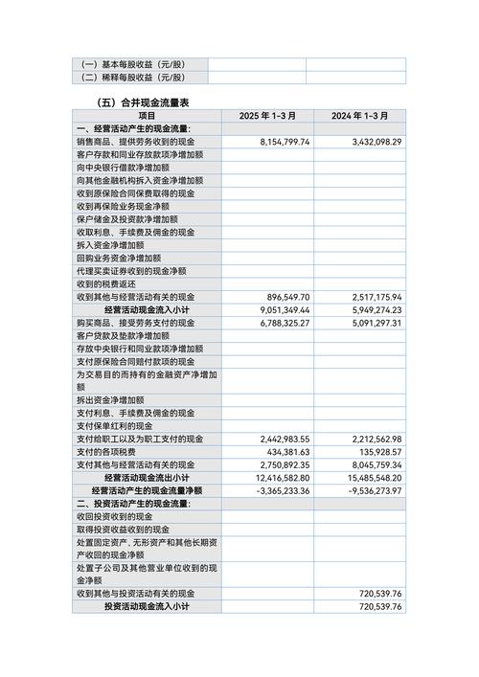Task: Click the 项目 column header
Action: click(x=147, y=116)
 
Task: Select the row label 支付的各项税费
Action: click(x=106, y=452)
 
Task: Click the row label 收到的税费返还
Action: click(x=106, y=284)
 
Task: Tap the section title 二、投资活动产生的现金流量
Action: click(x=133, y=504)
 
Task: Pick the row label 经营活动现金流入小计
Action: click(x=147, y=310)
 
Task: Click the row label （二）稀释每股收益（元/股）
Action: click(x=133, y=78)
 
